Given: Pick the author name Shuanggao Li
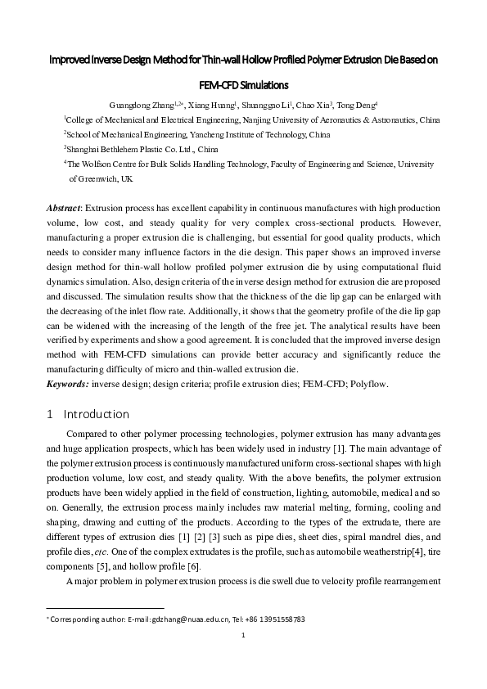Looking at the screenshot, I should pos(272,106).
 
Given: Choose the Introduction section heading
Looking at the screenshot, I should pos(96,414).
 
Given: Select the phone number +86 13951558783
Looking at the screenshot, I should pos(273,619).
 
